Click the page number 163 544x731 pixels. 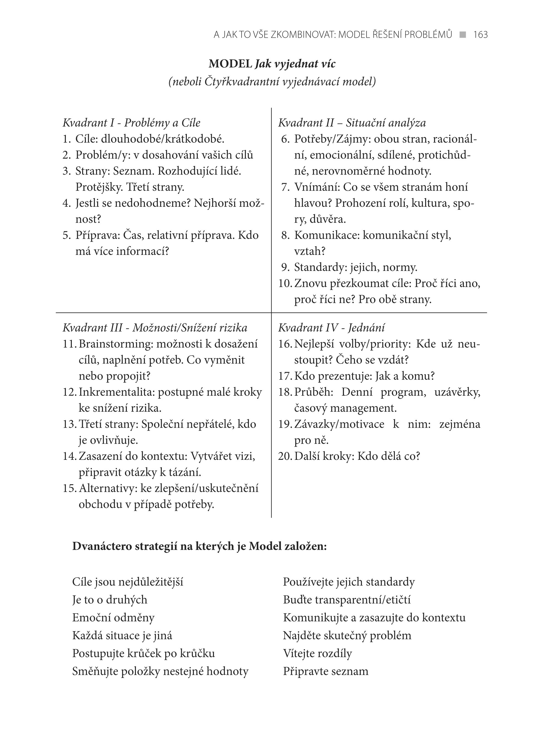click(x=480, y=35)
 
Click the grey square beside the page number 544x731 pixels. click(x=463, y=35)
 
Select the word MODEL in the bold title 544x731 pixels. click(x=230, y=64)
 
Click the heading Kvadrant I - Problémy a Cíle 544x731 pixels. click(x=131, y=123)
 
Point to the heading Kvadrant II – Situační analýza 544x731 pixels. click(x=352, y=123)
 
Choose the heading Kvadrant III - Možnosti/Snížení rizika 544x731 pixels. click(x=155, y=328)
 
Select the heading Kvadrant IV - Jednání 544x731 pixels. click(x=331, y=328)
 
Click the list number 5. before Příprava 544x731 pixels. click(x=67, y=235)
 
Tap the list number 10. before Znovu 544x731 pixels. click(x=285, y=283)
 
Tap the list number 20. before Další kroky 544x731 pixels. click(x=285, y=456)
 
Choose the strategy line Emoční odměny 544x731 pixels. click(x=113, y=617)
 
